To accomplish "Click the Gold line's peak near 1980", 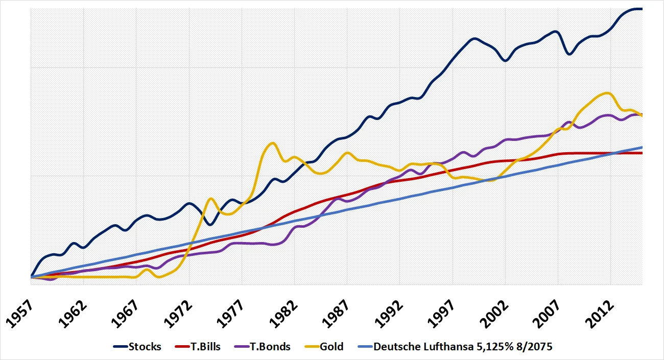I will pos(273,143).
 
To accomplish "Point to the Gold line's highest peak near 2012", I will pos(607,93).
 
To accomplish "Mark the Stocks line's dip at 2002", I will pos(505,61).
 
